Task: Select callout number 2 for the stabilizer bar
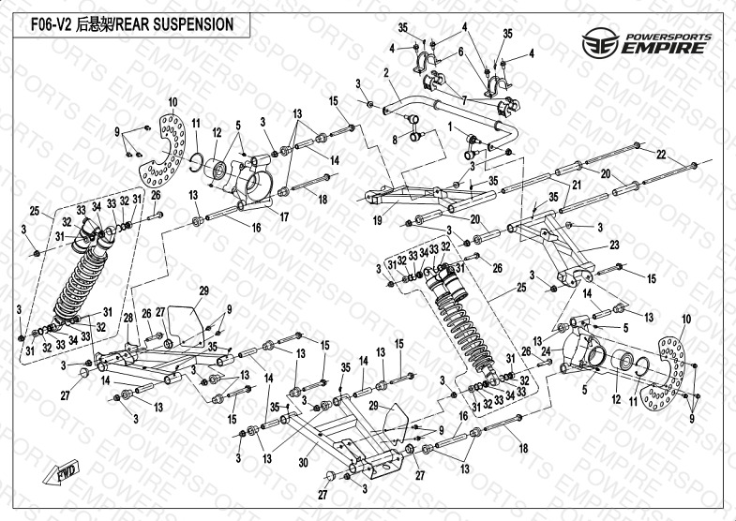point(385,71)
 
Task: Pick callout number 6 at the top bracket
point(460,52)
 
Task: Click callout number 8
point(395,140)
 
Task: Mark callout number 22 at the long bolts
point(660,153)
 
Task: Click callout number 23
point(615,245)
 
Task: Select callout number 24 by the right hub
point(570,352)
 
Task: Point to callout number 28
point(128,319)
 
